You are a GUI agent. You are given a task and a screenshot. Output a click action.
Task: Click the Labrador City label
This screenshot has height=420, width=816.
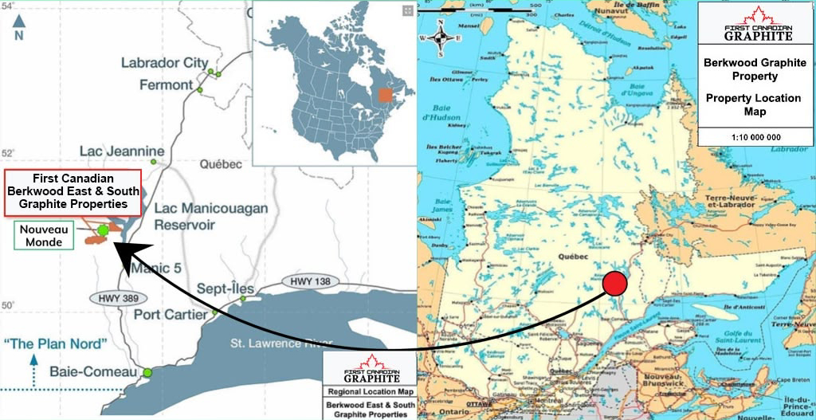(164, 63)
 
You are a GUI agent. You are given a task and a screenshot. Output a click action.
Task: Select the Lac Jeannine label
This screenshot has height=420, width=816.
(122, 151)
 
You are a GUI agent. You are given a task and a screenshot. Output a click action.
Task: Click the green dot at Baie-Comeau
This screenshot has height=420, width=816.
(147, 372)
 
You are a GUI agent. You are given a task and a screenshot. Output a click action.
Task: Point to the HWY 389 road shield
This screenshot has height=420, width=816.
(114, 298)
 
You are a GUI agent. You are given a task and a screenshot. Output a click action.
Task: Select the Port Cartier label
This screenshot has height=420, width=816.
(170, 314)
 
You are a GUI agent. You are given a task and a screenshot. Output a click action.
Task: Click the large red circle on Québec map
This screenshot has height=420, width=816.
(615, 284)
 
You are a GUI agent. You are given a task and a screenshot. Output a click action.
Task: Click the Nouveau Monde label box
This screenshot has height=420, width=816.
(43, 236)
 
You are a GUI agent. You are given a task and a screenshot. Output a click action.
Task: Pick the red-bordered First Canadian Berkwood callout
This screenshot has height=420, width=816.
(73, 192)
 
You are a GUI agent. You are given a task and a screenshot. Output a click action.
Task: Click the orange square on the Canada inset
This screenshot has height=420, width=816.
(386, 96)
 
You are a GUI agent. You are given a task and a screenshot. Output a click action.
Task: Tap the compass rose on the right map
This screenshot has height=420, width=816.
(445, 37)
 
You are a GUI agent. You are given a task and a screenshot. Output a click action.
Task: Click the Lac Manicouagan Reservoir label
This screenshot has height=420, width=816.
(210, 216)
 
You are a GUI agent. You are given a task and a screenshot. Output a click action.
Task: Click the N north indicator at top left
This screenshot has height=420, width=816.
(19, 31)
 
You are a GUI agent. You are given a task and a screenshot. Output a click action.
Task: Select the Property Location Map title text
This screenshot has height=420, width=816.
(753, 104)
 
